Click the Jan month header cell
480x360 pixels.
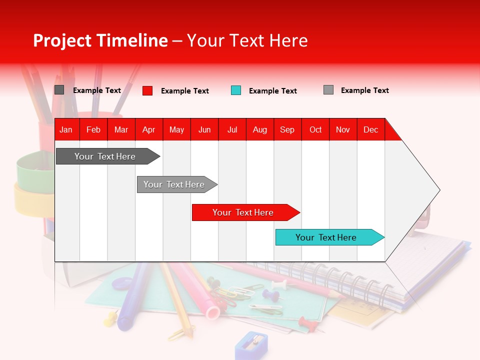(66, 129)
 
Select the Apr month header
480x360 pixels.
(148, 129)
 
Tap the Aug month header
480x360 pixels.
(259, 129)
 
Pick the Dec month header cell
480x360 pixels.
(370, 129)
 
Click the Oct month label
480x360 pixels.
(315, 129)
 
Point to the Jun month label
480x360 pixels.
(204, 129)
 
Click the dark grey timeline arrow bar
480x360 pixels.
(105, 156)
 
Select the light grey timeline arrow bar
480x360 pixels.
(174, 184)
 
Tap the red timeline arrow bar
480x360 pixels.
(243, 212)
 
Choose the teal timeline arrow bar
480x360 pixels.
(326, 237)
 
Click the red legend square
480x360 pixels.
(147, 90)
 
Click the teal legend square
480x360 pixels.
(236, 90)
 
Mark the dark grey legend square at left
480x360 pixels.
(59, 90)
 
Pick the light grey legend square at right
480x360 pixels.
(328, 90)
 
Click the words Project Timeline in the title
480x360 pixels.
(100, 40)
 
